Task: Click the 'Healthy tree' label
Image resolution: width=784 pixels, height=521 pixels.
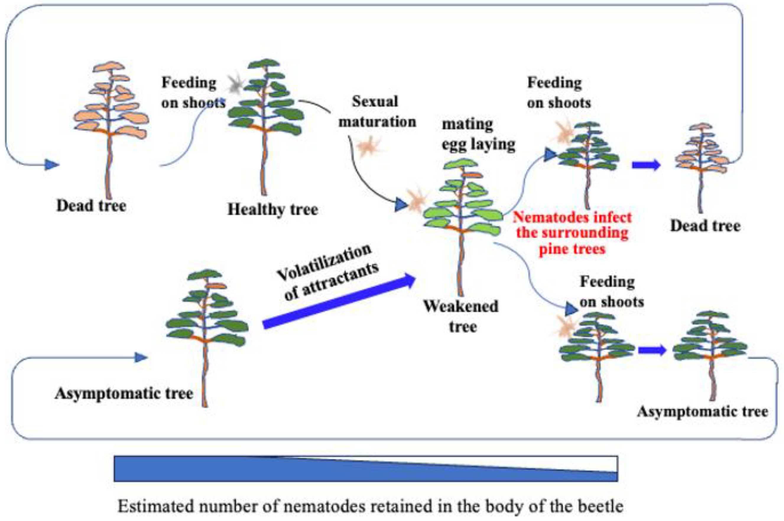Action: (x=273, y=210)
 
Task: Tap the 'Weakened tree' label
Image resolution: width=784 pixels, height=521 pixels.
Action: (x=461, y=316)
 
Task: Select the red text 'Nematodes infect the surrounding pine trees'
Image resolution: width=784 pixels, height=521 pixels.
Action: (x=572, y=233)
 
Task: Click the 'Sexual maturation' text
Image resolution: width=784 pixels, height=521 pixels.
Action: (x=377, y=112)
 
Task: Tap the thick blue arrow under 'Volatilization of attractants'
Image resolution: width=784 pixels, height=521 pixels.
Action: (x=339, y=301)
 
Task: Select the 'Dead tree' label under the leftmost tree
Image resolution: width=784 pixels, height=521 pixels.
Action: (x=92, y=206)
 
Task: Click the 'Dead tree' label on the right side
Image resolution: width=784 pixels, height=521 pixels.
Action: (x=705, y=226)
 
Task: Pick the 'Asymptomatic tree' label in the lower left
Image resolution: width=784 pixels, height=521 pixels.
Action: (x=124, y=394)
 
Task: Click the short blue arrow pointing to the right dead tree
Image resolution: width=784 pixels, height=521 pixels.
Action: (x=646, y=165)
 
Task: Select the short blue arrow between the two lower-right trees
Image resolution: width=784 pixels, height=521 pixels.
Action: (x=652, y=350)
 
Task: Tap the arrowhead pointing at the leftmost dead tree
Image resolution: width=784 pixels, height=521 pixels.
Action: (x=51, y=164)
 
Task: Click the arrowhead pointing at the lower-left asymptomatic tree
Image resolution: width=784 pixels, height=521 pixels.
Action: (x=141, y=357)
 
